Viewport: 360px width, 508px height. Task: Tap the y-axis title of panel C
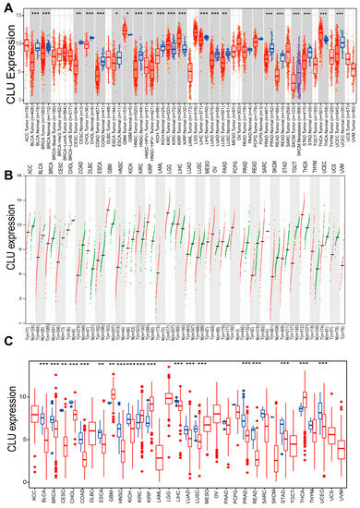7,420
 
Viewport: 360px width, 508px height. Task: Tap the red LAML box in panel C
160,456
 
